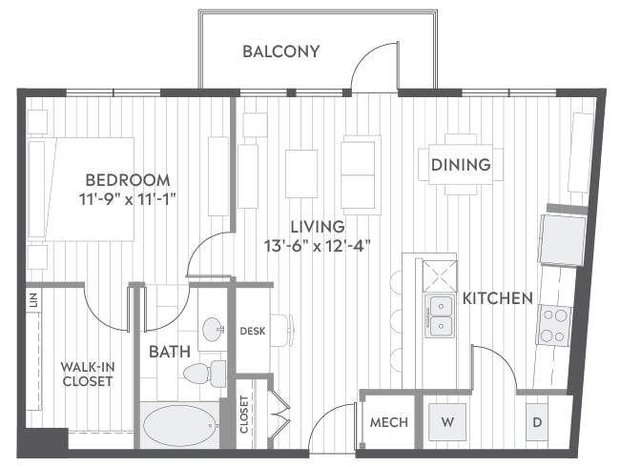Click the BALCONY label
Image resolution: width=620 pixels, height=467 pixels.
pos(281,51)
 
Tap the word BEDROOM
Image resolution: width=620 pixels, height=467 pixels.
pos(128,180)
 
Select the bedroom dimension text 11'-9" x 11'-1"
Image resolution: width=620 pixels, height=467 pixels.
pos(127,199)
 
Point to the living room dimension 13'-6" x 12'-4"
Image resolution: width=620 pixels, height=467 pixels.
pos(318,246)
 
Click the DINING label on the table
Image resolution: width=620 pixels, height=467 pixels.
pos(461,165)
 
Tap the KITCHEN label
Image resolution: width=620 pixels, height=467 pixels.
pos(497,298)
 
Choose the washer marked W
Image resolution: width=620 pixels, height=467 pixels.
pos(447,422)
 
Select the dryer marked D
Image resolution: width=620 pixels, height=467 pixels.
pos(537,422)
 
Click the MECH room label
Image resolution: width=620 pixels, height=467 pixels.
pos(388,422)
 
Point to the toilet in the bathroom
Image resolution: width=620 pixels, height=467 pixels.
pos(205,374)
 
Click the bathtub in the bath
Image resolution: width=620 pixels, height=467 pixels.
pos(180,425)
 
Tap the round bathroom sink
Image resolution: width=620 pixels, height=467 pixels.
pos(214,329)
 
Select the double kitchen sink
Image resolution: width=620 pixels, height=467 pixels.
pos(439,315)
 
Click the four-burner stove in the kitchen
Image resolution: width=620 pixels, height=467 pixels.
pos(553,326)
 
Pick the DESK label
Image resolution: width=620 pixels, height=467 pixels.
pos(253,331)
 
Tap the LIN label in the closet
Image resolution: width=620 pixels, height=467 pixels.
pos(34,300)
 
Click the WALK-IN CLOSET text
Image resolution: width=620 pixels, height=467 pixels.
pos(88,375)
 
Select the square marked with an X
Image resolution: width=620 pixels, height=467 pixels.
pos(440,275)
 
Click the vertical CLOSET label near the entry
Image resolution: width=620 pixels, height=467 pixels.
pos(244,415)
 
